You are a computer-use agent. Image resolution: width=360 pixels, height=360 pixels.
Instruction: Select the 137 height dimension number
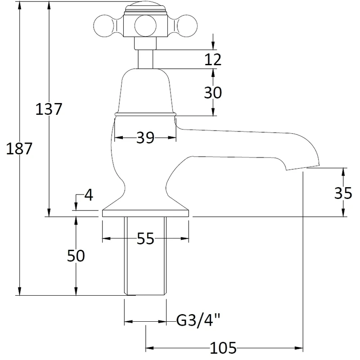click(x=49, y=109)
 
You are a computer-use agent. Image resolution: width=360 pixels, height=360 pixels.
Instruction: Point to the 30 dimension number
click(x=213, y=93)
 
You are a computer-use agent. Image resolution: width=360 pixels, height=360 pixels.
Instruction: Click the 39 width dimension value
click(x=145, y=137)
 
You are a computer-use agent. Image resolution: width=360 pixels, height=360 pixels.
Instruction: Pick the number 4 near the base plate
click(x=88, y=195)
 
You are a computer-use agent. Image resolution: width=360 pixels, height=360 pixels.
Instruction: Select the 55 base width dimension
click(x=145, y=239)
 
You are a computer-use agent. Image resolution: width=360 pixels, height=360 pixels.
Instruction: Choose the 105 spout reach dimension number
click(x=223, y=347)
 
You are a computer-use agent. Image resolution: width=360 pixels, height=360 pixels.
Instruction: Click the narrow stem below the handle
click(x=145, y=58)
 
